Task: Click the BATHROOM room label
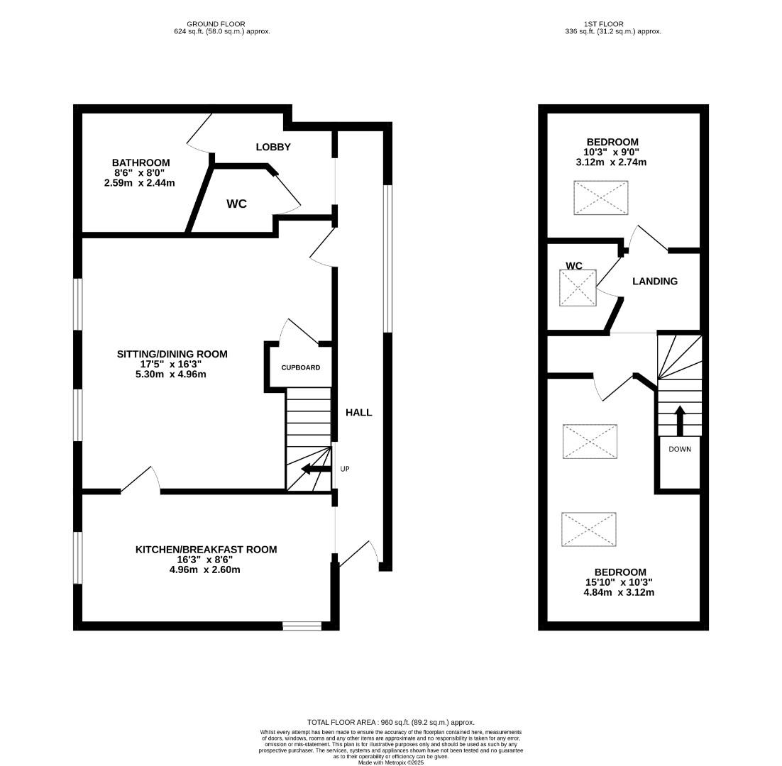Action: click(x=141, y=163)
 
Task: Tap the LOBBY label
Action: click(x=273, y=148)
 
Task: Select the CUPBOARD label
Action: click(x=300, y=368)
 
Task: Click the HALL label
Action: click(x=358, y=413)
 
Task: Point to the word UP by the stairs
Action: click(x=345, y=469)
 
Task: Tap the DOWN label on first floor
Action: click(x=679, y=450)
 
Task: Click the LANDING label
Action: click(x=654, y=282)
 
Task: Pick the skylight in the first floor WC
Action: click(x=578, y=288)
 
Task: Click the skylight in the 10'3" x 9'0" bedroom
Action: click(x=600, y=198)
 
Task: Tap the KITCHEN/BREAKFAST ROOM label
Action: click(x=206, y=550)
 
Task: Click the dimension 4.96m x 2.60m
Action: click(x=206, y=570)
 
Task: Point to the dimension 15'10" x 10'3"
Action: click(x=619, y=582)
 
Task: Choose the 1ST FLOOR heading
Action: click(x=612, y=24)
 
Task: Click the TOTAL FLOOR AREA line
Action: click(x=390, y=722)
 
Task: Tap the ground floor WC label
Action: click(x=236, y=204)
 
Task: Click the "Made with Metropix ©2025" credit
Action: click(x=390, y=762)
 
